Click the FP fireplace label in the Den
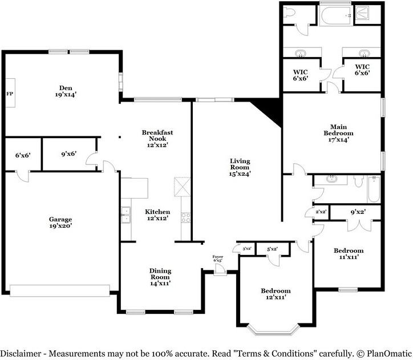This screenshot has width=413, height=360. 9,94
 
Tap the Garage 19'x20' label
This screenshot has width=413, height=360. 60,223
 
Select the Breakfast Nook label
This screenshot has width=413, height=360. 157,139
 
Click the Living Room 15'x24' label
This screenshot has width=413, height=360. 240,167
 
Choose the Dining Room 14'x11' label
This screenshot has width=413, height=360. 160,277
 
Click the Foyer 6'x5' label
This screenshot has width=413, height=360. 218,258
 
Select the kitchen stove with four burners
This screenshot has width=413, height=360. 186,217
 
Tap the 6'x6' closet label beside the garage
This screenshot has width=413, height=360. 23,155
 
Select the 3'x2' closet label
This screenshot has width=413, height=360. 246,249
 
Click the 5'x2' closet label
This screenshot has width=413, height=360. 272,249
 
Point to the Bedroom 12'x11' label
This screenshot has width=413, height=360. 276,294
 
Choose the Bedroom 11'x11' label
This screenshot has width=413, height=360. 349,254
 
